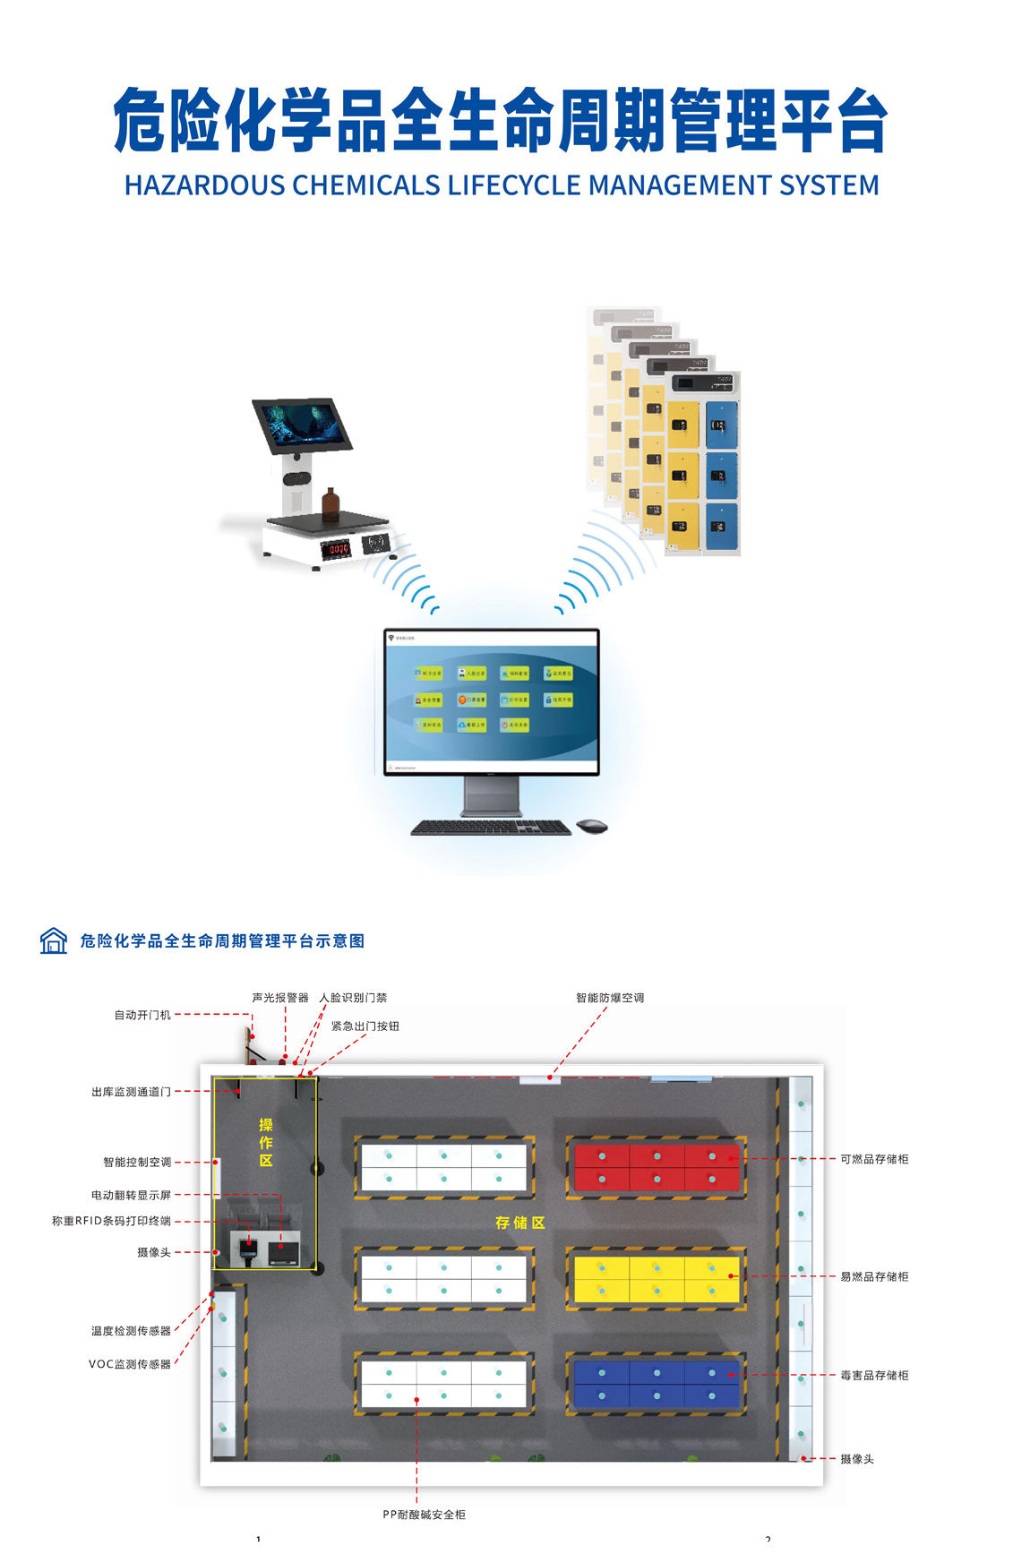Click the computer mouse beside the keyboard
pos(591,825)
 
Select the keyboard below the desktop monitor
pos(491,829)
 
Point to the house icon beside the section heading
pos(54,940)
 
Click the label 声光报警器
pos(279,998)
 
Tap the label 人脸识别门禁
pos(354,998)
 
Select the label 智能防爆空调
pos(610,998)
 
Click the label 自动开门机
pos(142,1015)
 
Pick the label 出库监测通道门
pos(131,1092)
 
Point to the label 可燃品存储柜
pos(874,1159)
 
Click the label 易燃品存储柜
pos(874,1276)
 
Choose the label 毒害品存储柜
pos(874,1375)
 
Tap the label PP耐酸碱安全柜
pos(424,1515)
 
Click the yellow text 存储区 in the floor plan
pos(520,1223)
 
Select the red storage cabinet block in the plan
pos(656,1167)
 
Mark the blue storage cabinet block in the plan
pos(656,1384)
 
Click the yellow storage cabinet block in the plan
pos(656,1279)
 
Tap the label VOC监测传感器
pos(130,1364)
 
